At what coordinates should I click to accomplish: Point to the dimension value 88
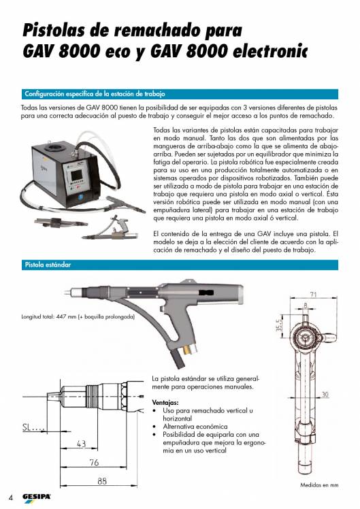[103, 480]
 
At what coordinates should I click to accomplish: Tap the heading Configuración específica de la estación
[95, 93]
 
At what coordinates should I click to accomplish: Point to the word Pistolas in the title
[58, 30]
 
